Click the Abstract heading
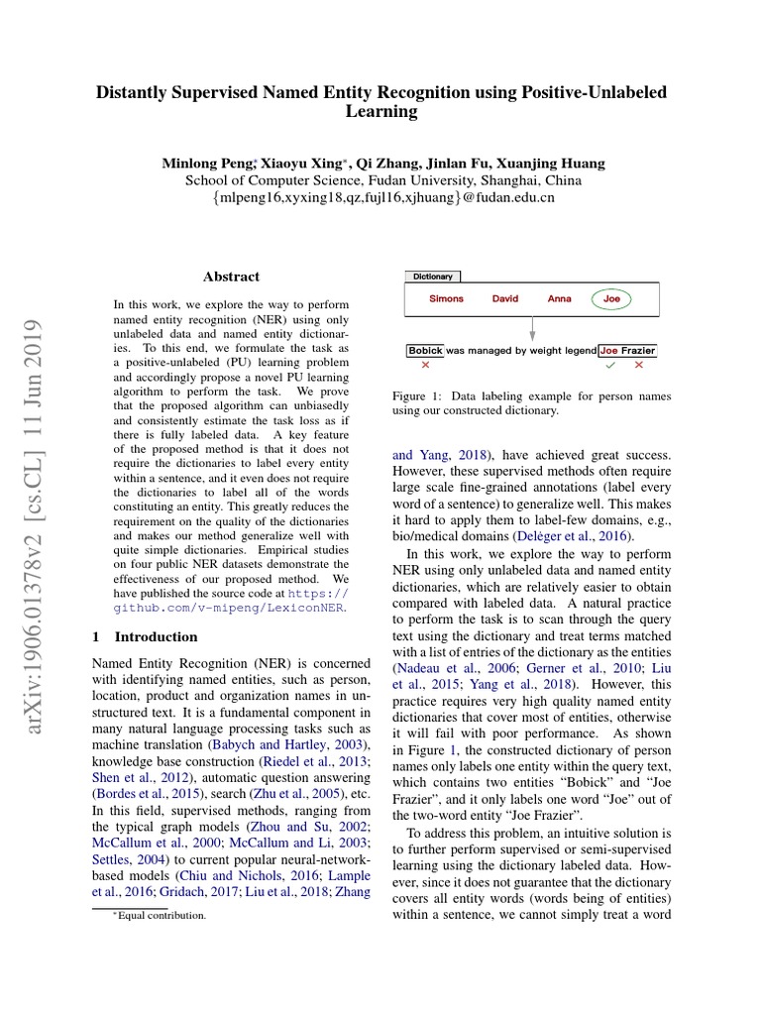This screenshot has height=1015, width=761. coord(231,277)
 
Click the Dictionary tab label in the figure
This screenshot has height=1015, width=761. coord(432,277)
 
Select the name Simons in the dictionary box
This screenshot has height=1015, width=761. coord(446,298)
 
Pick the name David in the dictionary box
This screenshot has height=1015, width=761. coord(505,298)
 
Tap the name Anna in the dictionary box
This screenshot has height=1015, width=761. coord(559,298)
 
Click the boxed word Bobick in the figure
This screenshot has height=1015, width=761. coord(425,350)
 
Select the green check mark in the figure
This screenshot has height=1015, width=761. coord(610,365)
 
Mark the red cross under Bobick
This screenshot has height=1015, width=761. coord(425,365)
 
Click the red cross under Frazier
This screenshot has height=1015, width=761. coord(638,365)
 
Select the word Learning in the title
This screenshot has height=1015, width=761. coord(380,112)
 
